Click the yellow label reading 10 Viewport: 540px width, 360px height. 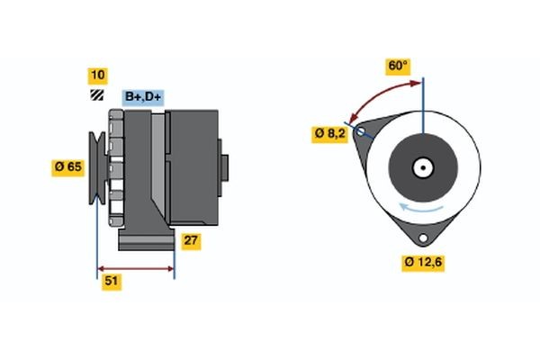coord(97,75)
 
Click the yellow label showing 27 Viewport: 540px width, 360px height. coord(191,241)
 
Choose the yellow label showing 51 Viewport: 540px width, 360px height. coord(112,282)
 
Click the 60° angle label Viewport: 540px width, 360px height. coord(398,66)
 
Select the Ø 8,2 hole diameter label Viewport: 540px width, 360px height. coord(330,134)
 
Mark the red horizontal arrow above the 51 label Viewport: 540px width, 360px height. coord(135,268)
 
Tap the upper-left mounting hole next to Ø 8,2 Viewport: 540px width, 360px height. coord(362,133)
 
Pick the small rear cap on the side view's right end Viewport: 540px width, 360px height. coord(225,167)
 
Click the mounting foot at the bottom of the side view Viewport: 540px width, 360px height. coord(144,238)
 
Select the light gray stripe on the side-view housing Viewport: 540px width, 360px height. coord(158,171)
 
